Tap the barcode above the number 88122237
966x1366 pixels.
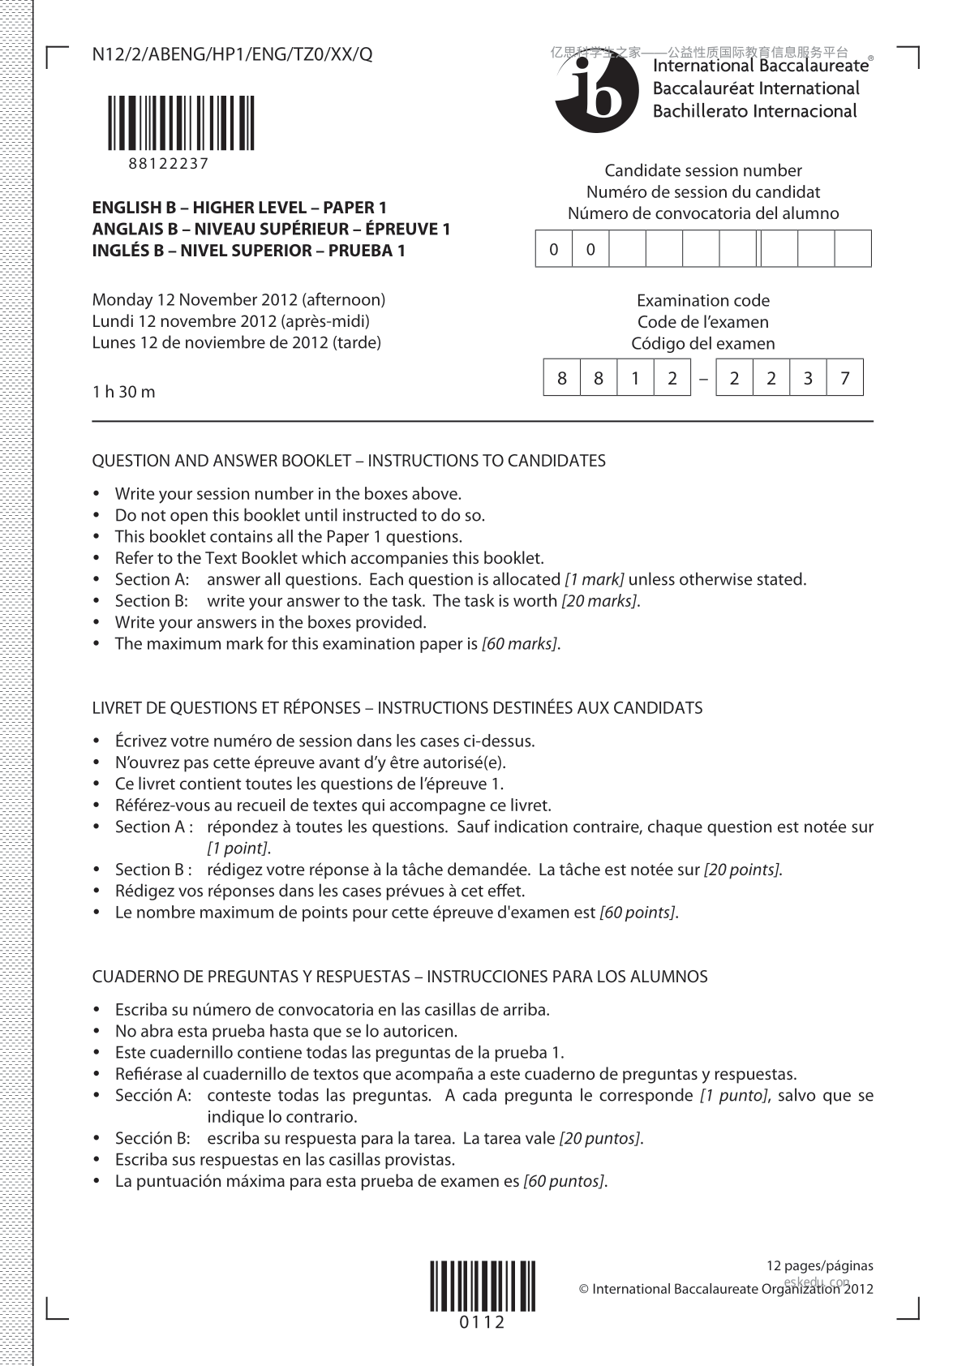click(x=181, y=122)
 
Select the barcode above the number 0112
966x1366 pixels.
click(x=483, y=1286)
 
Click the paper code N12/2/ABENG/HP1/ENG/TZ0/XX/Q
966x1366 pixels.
click(x=233, y=54)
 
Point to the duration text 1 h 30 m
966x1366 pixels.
click(x=123, y=392)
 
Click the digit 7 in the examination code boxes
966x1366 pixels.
click(x=845, y=378)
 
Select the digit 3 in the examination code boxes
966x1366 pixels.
click(x=808, y=378)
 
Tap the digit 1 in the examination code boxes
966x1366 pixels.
click(x=636, y=378)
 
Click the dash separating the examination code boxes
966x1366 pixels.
click(x=703, y=378)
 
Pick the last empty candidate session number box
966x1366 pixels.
click(x=852, y=249)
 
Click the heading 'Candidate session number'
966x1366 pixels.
click(x=703, y=170)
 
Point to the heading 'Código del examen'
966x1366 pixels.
click(x=703, y=343)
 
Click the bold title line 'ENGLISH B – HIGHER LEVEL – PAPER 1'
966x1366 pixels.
click(x=239, y=208)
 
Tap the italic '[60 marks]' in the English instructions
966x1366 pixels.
click(x=519, y=644)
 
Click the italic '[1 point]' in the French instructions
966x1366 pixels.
click(x=237, y=848)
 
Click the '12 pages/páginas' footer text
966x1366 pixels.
click(x=820, y=1265)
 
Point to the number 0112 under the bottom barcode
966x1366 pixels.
click(x=483, y=1322)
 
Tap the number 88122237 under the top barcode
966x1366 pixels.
click(x=169, y=163)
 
